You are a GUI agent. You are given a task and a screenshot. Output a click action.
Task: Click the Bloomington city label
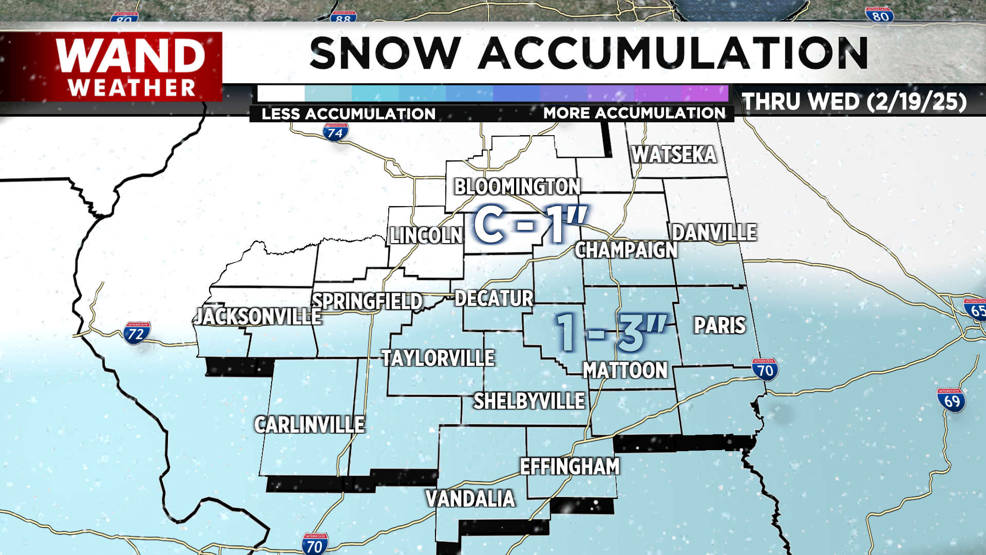coord(517,187)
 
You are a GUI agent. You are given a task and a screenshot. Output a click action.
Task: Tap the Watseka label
coord(674,155)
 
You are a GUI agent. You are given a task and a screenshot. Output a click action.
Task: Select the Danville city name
coord(714,233)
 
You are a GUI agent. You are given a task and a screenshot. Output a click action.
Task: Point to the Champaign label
coord(626,250)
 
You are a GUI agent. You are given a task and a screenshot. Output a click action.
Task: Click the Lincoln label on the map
coord(426,236)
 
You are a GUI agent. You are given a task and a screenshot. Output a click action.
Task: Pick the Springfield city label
coord(367,302)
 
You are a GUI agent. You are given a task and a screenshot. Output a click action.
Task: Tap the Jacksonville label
coord(258,317)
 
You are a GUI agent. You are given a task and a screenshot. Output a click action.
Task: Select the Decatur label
coord(494,299)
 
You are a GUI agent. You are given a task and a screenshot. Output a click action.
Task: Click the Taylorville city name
coord(438,358)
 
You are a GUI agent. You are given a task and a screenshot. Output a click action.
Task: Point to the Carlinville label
coord(309,425)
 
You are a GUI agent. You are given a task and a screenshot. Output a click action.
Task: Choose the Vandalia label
coord(470,499)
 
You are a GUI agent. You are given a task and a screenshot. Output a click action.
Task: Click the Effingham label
coord(570,467)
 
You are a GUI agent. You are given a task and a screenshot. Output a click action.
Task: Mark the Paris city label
coord(719,326)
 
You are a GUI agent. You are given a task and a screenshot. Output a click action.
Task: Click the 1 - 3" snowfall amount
coord(611,334)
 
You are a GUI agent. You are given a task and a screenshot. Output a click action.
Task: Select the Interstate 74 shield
coord(335,133)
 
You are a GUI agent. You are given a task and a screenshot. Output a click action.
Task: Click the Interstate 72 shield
coord(136,334)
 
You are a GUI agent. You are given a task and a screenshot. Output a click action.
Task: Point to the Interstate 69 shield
coord(952,400)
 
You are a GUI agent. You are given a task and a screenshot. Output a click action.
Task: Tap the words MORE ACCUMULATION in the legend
coord(634,113)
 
